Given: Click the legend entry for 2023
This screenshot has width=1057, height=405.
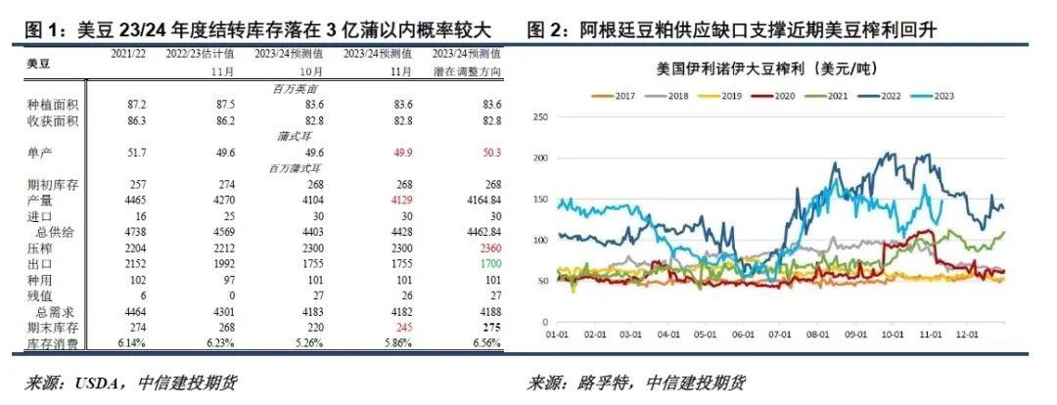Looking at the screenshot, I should click(939, 96).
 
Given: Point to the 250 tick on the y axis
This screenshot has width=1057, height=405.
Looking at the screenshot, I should click(537, 116).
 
